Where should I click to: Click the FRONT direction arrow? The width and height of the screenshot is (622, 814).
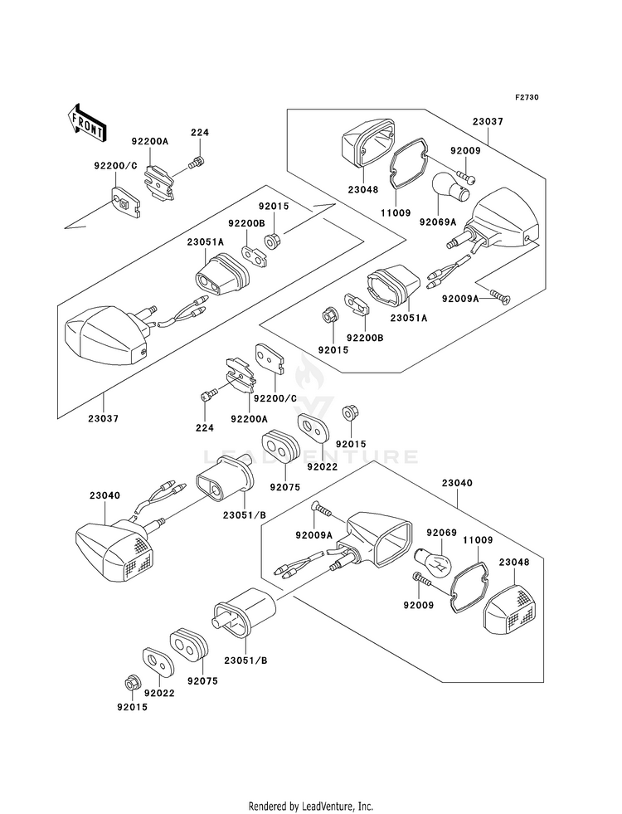point(86,123)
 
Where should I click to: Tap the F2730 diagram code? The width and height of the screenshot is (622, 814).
point(527,97)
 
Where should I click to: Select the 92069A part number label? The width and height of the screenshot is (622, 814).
point(439,222)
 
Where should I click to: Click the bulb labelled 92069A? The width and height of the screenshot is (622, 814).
point(450,188)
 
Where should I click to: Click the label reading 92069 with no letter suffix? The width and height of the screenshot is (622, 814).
point(441,533)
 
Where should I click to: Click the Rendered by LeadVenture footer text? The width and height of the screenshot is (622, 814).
point(311,806)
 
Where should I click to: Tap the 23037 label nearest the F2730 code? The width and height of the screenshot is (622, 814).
point(488,121)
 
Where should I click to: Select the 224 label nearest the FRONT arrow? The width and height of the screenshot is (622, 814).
point(200,133)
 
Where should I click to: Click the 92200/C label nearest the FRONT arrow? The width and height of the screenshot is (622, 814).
point(115,166)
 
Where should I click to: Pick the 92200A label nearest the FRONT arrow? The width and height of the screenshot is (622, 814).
point(150,141)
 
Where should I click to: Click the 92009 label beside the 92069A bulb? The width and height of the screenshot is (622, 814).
point(465,150)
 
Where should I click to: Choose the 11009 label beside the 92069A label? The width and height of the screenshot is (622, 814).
point(395,212)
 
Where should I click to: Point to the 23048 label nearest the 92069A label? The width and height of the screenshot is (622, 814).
point(363,189)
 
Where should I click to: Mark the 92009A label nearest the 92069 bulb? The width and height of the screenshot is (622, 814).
point(313,534)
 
